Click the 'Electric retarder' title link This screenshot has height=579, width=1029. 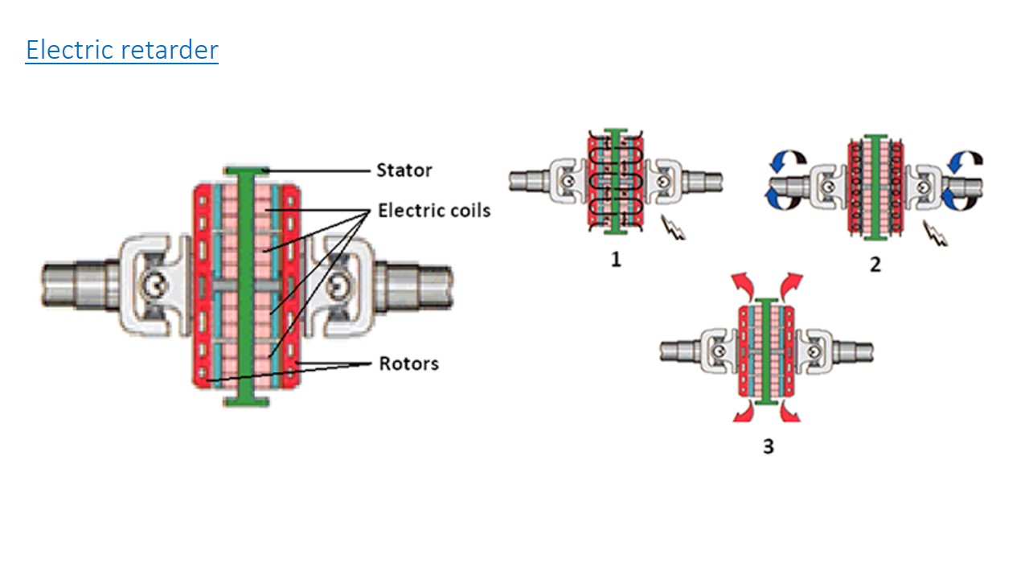coord(121,50)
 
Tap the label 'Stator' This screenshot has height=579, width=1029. coord(404,170)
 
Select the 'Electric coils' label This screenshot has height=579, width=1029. coord(434,211)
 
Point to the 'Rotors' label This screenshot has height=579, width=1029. coord(409,363)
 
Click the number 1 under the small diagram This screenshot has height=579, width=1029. coord(616,260)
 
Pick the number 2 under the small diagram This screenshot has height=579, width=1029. coord(875,265)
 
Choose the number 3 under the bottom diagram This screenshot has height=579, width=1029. coord(769,446)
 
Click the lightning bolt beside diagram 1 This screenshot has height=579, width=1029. coord(673,228)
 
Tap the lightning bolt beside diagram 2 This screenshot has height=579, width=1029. coord(936,233)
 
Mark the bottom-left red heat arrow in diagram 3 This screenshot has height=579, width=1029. coord(744,411)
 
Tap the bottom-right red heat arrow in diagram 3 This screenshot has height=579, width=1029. coord(790,411)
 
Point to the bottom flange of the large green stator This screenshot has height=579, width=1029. coord(246,402)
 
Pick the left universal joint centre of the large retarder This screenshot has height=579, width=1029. coord(155,285)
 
